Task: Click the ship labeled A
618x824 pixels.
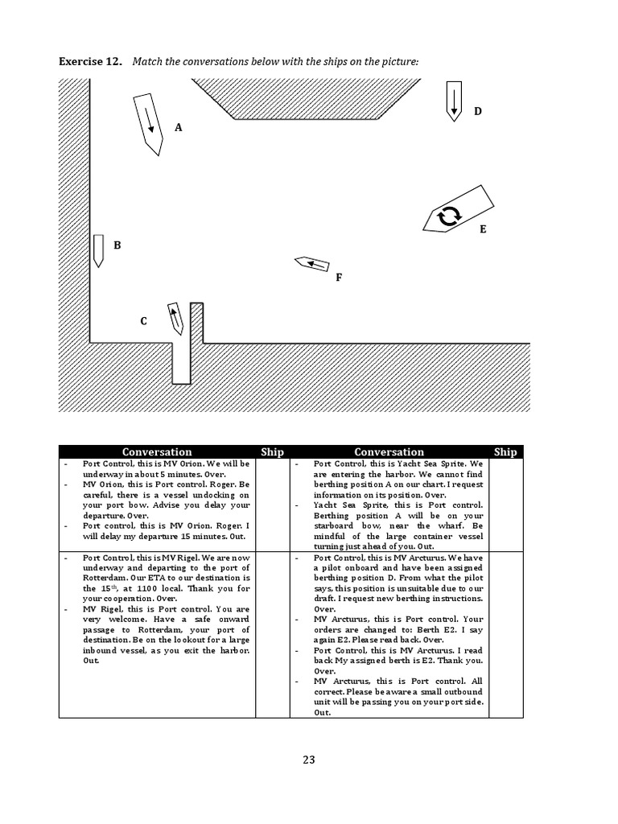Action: click(147, 122)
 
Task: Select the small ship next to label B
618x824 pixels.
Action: click(98, 249)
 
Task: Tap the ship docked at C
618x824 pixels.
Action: click(175, 318)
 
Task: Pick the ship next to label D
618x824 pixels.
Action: click(453, 100)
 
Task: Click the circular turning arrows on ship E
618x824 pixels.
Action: click(448, 215)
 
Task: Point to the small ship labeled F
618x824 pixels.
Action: click(312, 264)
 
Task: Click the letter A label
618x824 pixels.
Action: click(179, 127)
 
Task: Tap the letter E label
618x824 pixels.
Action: click(483, 229)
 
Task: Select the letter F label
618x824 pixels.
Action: click(339, 278)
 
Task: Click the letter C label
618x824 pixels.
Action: click(143, 321)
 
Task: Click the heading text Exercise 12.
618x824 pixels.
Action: click(89, 62)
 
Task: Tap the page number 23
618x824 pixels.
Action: click(309, 759)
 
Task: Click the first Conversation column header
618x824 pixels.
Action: click(157, 451)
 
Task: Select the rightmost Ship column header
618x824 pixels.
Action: click(505, 451)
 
